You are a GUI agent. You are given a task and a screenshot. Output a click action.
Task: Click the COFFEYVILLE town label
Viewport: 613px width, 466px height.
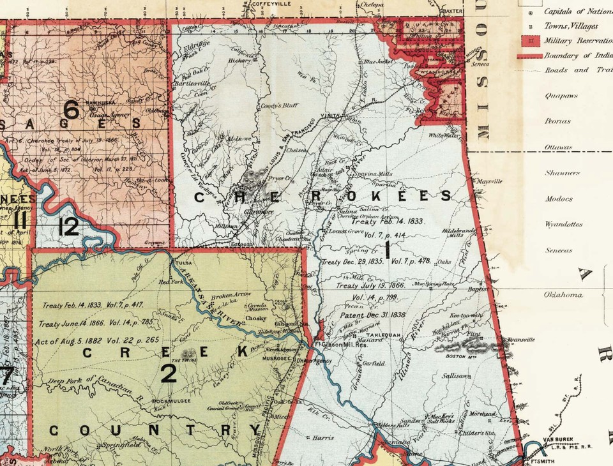pos(255,4)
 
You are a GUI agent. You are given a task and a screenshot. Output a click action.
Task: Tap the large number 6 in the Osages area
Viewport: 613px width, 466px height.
pos(72,110)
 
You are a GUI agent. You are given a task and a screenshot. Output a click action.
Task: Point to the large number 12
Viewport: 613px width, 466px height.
pos(68,226)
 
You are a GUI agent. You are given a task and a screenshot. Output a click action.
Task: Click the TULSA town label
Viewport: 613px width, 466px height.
pos(185,262)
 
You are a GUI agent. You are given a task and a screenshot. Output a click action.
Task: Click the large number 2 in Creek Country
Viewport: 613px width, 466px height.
pos(169,373)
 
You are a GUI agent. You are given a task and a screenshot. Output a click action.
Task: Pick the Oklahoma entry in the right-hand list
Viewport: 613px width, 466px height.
pos(563,295)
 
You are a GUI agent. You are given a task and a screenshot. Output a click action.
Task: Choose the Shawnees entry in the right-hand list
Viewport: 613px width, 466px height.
pos(563,173)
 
